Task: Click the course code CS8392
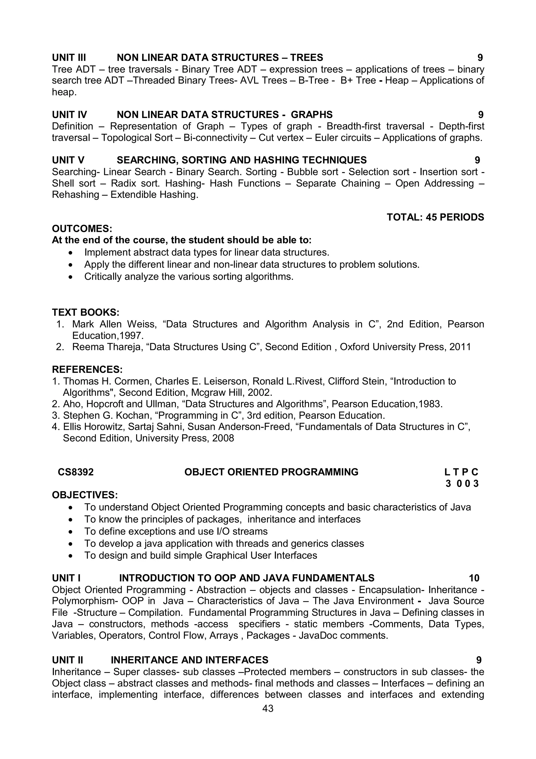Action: (76, 472)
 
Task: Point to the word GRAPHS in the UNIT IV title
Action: (311, 115)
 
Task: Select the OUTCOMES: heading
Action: (82, 229)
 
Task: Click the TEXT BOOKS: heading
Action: (86, 312)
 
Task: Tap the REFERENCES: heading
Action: (87, 369)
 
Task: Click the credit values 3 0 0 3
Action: (462, 484)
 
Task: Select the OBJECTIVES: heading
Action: (85, 495)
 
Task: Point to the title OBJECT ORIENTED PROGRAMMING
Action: (271, 472)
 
